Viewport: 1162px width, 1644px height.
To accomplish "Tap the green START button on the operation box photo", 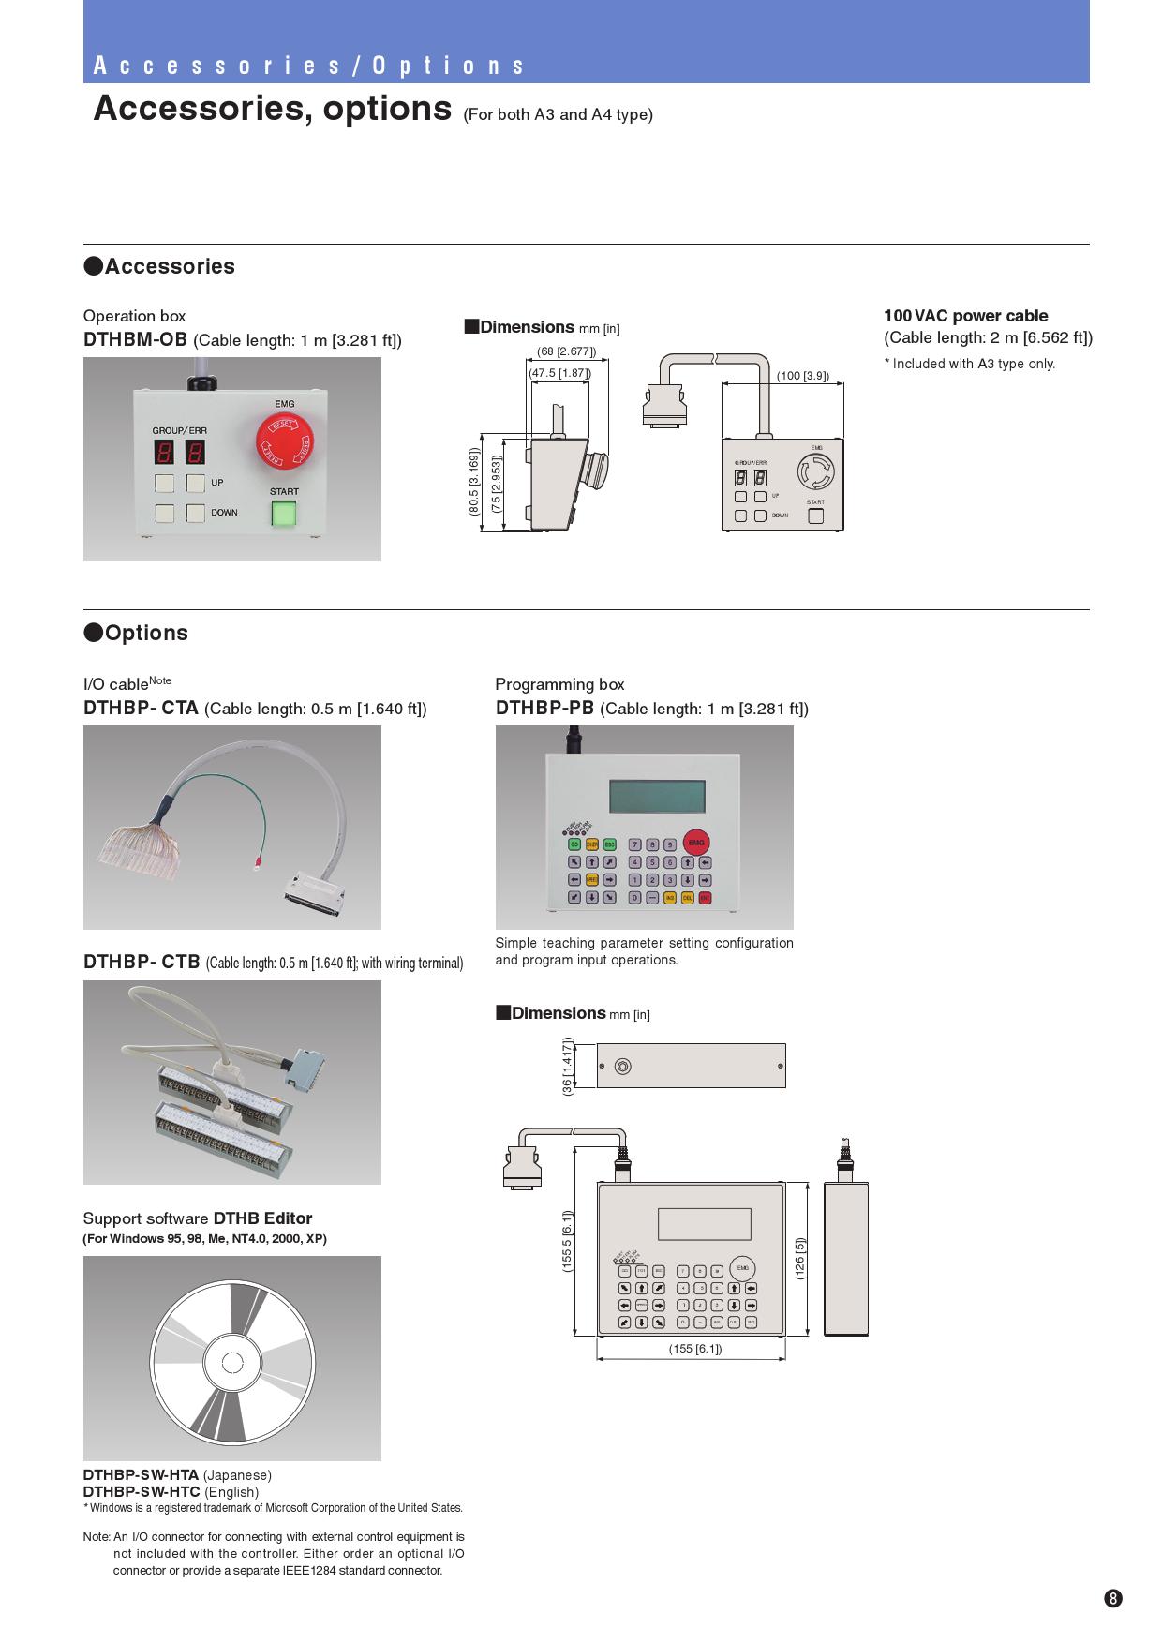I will (x=284, y=513).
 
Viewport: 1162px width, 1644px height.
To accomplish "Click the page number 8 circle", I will (x=1112, y=1599).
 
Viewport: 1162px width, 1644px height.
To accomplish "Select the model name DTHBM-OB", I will (x=135, y=339).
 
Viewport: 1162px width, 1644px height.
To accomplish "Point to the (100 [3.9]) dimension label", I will (x=803, y=376).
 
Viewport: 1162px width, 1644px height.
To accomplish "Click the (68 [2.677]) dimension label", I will (x=566, y=352).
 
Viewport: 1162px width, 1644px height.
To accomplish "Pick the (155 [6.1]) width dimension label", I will (x=694, y=1349).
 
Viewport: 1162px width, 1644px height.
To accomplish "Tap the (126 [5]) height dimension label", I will (x=800, y=1259).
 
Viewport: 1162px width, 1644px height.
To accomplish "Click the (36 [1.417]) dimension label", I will (x=567, y=1066).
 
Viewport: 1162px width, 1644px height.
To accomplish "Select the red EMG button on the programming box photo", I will (x=695, y=843).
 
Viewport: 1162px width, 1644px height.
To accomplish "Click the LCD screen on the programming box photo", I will (x=657, y=797).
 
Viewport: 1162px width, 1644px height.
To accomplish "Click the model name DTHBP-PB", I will (x=544, y=708).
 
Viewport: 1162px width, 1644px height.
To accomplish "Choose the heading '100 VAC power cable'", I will (x=965, y=316).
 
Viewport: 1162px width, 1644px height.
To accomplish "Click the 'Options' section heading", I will (x=145, y=633).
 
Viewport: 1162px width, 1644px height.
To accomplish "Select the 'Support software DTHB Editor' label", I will (x=197, y=1218).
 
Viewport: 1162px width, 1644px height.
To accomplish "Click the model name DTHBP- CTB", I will (x=142, y=962).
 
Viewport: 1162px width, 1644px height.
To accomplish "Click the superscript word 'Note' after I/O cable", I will (x=160, y=680).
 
